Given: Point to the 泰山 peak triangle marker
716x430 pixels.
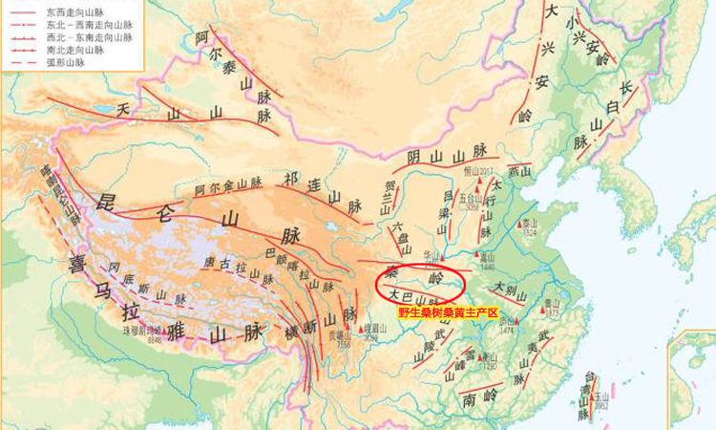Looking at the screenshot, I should (x=522, y=226).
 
